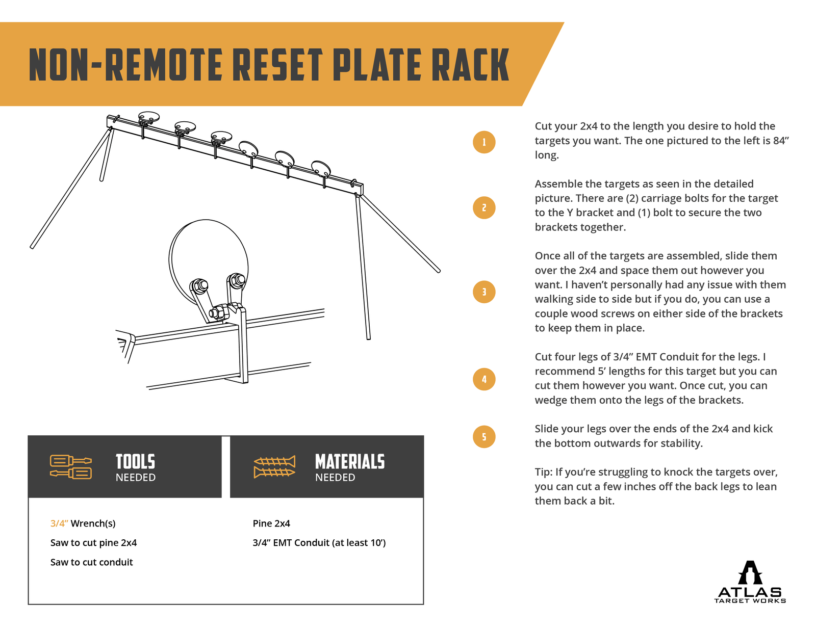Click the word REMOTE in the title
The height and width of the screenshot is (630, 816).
(x=163, y=65)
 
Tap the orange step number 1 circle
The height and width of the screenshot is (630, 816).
(x=484, y=142)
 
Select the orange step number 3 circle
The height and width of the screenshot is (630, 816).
(x=484, y=292)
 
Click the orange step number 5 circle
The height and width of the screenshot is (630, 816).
(x=484, y=437)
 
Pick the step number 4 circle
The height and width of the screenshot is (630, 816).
(x=484, y=379)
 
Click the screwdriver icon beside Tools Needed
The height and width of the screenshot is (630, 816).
(x=71, y=466)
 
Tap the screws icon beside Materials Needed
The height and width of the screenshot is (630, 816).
(x=274, y=466)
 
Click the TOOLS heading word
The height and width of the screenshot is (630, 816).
(x=135, y=462)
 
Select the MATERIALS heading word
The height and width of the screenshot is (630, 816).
(x=350, y=462)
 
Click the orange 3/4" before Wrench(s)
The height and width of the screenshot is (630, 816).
(x=59, y=523)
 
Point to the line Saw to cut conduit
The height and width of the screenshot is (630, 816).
(x=92, y=562)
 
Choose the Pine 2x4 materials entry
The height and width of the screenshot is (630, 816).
(x=271, y=523)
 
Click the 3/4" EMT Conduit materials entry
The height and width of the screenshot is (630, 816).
(x=319, y=543)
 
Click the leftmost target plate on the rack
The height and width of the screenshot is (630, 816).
(x=149, y=117)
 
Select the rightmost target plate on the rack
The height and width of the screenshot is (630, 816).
(x=321, y=167)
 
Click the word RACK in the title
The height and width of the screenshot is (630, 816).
(x=470, y=65)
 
